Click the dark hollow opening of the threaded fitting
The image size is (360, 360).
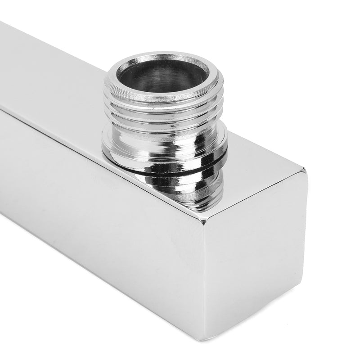coord(163,76)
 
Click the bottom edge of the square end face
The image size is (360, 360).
coord(252,315)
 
